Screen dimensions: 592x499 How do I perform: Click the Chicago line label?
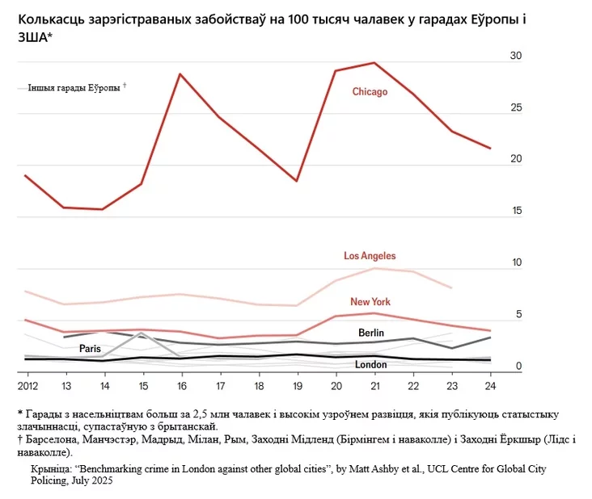point(370,92)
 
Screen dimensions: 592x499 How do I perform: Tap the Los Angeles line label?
point(370,256)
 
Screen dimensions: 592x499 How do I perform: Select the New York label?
point(370,302)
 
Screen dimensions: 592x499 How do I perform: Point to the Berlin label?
point(371,333)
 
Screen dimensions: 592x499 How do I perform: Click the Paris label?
point(90,349)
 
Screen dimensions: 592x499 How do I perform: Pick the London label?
point(370,364)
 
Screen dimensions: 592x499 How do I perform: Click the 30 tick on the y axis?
point(516,56)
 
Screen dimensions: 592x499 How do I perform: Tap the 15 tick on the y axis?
point(517,211)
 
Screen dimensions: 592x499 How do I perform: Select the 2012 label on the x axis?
point(28,386)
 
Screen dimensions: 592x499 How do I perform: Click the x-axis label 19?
point(298,386)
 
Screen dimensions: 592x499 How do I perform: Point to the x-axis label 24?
point(490,386)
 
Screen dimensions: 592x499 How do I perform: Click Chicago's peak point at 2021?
point(374,62)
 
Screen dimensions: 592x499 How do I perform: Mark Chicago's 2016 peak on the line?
point(180,73)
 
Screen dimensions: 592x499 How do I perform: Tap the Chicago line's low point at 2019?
point(297,182)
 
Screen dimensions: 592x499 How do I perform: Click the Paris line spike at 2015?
point(142,333)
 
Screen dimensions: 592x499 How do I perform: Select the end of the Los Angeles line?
point(452,288)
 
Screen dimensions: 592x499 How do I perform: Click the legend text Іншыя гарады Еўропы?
point(74,88)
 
